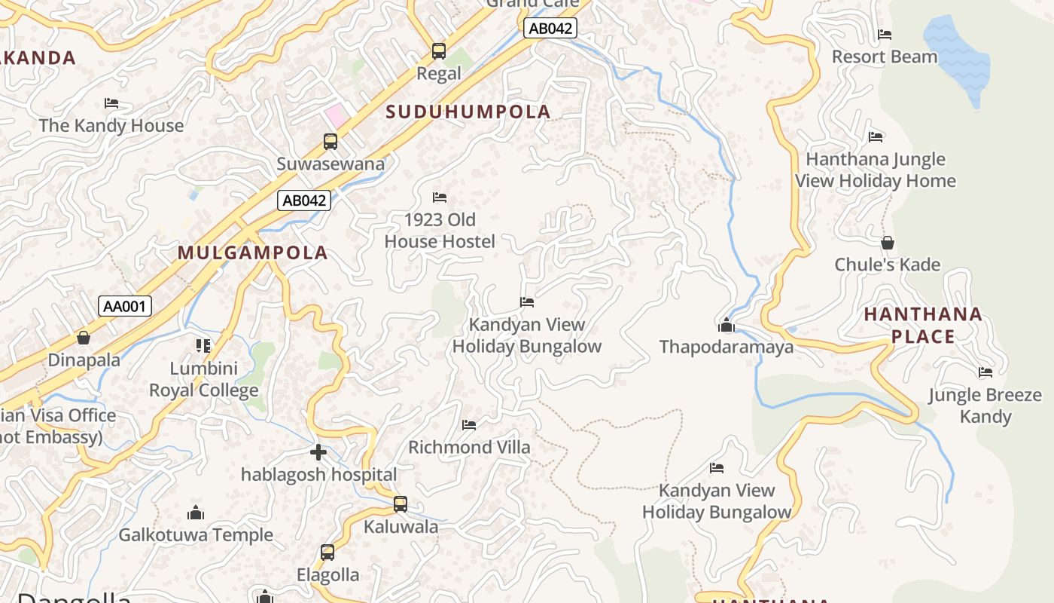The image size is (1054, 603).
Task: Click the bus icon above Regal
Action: [x=438, y=51]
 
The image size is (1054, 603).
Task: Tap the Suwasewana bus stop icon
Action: [x=331, y=141]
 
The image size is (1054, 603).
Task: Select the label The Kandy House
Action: [x=111, y=125]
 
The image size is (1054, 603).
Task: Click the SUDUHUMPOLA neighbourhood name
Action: [x=468, y=112]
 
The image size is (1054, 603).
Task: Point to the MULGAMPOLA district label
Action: [x=252, y=253]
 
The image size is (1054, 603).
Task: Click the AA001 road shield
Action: [x=125, y=306]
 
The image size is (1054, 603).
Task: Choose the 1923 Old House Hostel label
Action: [x=440, y=231]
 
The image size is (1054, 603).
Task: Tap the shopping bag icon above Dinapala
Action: [x=84, y=338]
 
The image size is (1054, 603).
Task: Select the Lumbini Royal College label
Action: [x=203, y=379]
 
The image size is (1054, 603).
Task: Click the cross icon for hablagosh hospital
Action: [x=318, y=452]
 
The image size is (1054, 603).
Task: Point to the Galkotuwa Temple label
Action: [x=196, y=535]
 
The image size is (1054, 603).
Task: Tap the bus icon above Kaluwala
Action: [x=401, y=504]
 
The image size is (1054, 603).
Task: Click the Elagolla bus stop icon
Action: [x=327, y=552]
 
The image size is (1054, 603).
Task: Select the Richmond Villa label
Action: [x=469, y=447]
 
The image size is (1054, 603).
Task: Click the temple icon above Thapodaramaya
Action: [x=727, y=325]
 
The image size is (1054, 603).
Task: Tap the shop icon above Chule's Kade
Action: [x=888, y=243]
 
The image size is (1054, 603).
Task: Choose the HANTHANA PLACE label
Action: [x=923, y=325]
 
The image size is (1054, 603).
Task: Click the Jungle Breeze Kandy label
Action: [x=985, y=406]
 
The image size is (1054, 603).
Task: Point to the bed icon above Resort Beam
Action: [x=885, y=35]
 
